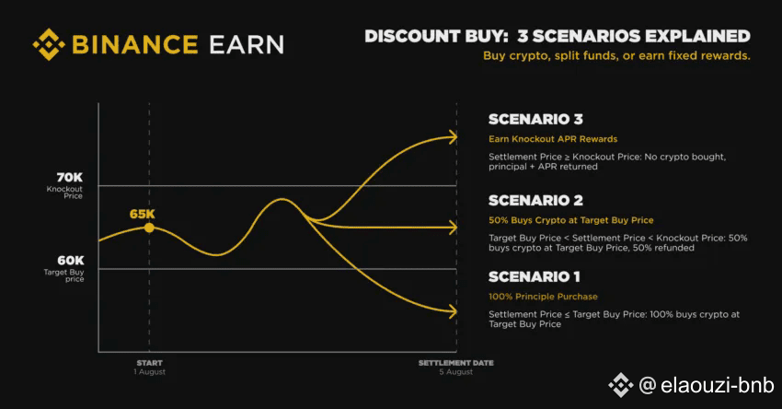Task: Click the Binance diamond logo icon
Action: click(x=49, y=44)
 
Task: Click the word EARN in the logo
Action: click(x=247, y=44)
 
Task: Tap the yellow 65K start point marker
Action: click(x=149, y=228)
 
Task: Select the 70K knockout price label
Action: click(x=69, y=177)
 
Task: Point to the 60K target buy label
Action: click(x=70, y=260)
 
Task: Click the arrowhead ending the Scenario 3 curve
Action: click(x=452, y=137)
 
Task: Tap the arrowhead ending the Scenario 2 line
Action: click(x=452, y=228)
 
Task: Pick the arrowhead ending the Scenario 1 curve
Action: click(x=452, y=311)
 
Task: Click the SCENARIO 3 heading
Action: click(x=535, y=120)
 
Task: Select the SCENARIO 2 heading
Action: click(x=535, y=200)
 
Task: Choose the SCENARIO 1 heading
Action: click(x=535, y=276)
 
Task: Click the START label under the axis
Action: click(x=150, y=363)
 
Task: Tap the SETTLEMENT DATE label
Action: click(x=455, y=363)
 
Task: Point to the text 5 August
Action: click(x=455, y=372)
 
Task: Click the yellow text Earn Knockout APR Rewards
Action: click(x=553, y=139)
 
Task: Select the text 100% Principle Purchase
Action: click(x=543, y=297)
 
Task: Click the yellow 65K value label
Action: click(x=142, y=215)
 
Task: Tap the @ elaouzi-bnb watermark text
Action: click(x=707, y=385)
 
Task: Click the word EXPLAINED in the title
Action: click(x=697, y=37)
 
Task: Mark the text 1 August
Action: click(x=149, y=372)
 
